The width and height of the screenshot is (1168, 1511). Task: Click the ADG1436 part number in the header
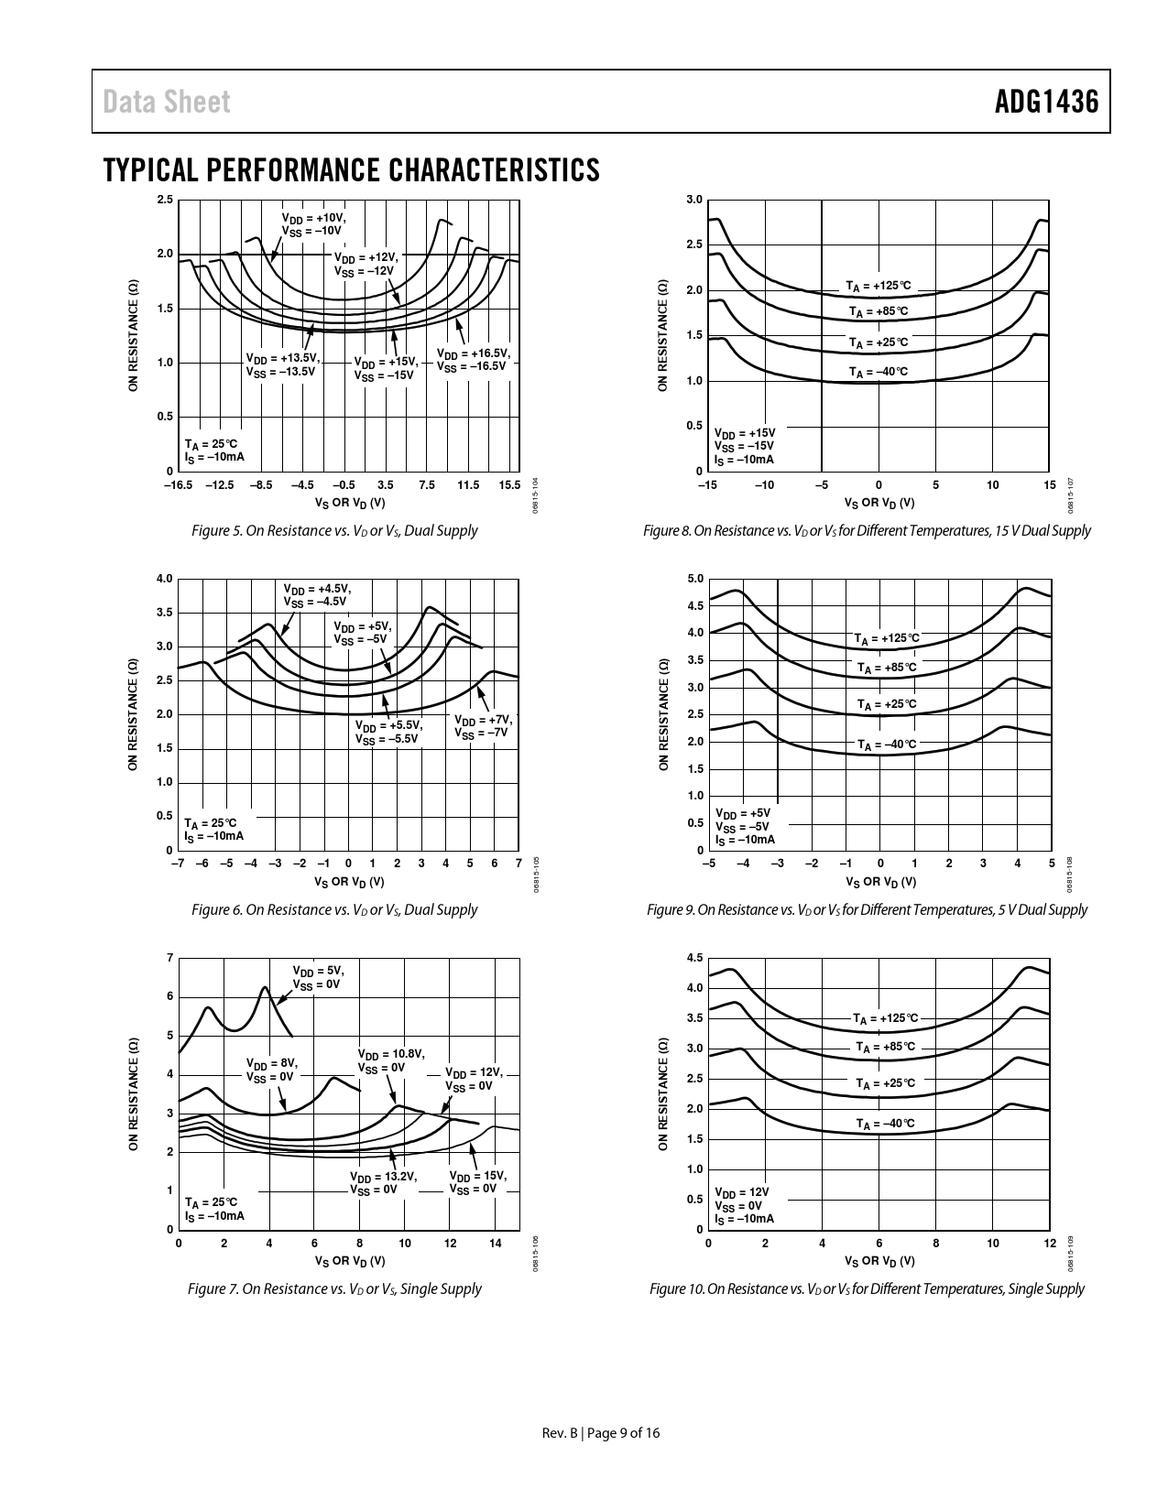click(1046, 102)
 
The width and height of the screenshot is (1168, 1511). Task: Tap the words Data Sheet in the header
click(167, 102)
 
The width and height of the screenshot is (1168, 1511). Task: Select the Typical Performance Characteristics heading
click(352, 170)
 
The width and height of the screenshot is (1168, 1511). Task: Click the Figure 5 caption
click(334, 530)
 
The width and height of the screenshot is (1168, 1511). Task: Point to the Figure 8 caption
click(867, 530)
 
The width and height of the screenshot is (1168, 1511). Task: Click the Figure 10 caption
click(867, 1288)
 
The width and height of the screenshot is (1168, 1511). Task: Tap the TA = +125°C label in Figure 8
click(879, 287)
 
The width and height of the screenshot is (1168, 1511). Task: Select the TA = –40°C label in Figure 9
click(887, 745)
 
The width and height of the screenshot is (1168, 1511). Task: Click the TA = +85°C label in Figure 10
click(885, 1047)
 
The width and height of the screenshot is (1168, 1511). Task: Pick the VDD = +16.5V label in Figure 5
click(473, 360)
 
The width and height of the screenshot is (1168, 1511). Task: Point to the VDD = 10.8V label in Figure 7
click(390, 1061)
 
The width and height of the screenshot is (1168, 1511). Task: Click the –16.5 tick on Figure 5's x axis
click(178, 484)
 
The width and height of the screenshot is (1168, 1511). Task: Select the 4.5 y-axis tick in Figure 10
click(694, 958)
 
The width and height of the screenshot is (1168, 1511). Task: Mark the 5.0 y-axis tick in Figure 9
click(694, 579)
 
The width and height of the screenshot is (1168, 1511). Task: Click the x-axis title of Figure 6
click(349, 882)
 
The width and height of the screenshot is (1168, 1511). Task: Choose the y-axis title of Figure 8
click(662, 336)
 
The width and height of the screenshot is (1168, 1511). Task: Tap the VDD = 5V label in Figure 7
click(317, 977)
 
